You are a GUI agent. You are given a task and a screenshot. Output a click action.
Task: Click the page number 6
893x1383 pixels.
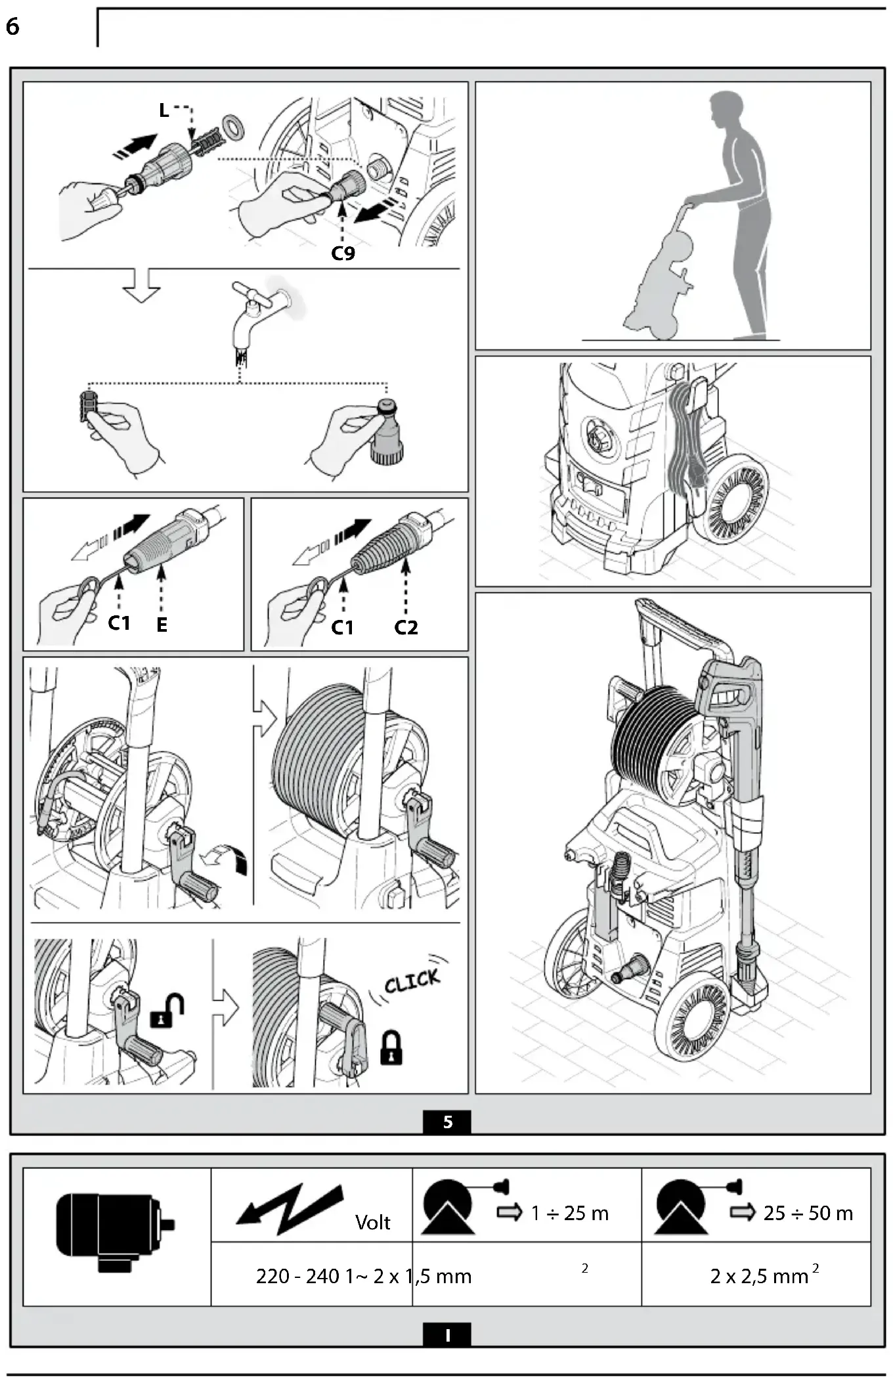point(12,27)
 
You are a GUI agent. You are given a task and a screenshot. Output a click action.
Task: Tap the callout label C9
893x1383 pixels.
point(343,253)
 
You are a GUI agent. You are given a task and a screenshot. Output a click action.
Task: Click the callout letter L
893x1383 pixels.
point(164,110)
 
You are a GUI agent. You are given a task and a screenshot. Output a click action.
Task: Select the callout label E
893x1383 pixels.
point(162,625)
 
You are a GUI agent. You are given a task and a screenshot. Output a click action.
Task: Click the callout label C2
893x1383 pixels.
point(406,628)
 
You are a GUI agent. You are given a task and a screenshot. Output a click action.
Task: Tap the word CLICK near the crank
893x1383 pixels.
point(412,981)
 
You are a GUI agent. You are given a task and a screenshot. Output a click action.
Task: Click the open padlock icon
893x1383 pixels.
point(167,1011)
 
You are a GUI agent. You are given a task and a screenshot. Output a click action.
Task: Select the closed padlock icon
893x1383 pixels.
point(391,1047)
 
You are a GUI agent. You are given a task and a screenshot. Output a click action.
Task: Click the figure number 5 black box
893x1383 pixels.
point(447,1122)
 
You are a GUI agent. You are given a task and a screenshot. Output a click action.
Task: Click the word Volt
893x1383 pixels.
point(372,1223)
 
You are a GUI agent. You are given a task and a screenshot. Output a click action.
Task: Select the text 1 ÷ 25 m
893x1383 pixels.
point(569,1214)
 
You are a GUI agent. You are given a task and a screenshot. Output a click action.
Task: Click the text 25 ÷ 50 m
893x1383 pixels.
point(808,1214)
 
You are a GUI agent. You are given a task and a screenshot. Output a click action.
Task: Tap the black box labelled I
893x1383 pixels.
point(447,1335)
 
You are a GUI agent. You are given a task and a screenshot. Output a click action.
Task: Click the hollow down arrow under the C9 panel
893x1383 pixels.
point(142,286)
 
